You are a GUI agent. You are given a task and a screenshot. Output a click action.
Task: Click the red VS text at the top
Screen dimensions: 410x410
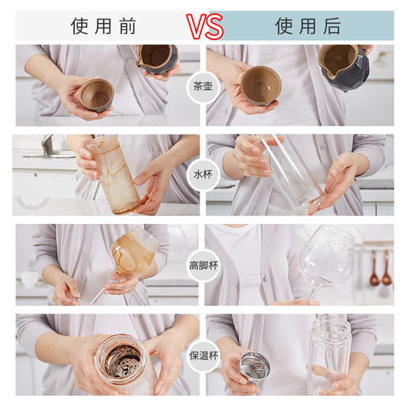click(205, 25)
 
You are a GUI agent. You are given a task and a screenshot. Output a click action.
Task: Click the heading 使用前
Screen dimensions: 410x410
click(104, 26)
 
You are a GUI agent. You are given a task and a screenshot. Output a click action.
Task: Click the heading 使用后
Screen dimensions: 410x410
click(308, 26)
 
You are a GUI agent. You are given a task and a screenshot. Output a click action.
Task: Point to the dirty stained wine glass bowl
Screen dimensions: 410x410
click(130, 252)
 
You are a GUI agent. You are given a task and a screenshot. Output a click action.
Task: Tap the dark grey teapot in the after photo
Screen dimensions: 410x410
click(345, 67)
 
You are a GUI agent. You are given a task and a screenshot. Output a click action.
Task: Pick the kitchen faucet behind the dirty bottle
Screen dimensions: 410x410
click(49, 146)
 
